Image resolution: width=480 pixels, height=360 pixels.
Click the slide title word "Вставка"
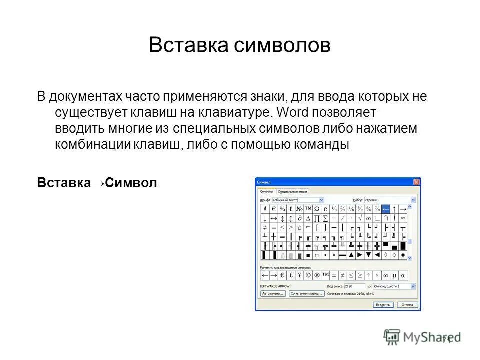click(185, 45)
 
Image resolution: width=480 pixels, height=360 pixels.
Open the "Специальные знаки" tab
click(293, 191)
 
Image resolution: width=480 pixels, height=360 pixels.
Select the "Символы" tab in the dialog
click(267, 191)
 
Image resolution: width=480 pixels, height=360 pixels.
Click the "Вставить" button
click(383, 304)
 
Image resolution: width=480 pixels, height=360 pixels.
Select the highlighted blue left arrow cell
click(385, 209)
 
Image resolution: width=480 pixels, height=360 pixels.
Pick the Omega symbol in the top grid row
click(317, 209)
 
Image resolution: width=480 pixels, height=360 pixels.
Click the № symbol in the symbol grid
click(299, 209)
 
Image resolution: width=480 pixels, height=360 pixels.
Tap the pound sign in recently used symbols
click(291, 275)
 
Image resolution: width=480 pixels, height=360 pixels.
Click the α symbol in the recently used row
click(403, 275)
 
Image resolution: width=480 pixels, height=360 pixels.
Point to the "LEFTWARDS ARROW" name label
click(274, 286)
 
